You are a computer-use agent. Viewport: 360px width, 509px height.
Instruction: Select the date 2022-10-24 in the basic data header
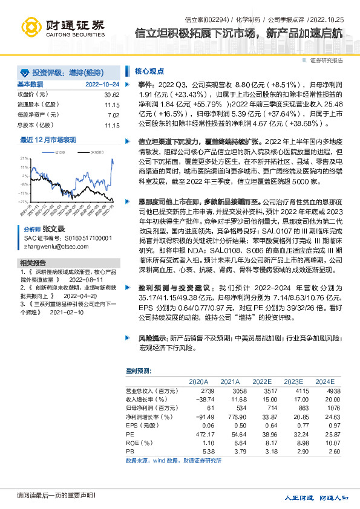tap(102, 84)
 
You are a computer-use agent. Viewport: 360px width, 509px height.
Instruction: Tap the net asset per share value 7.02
tap(113, 115)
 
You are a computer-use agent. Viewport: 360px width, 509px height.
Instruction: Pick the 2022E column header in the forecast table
tap(262, 381)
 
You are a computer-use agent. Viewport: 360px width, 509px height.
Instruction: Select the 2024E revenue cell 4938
tap(326, 391)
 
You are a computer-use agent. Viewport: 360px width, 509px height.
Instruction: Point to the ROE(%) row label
tap(137, 442)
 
